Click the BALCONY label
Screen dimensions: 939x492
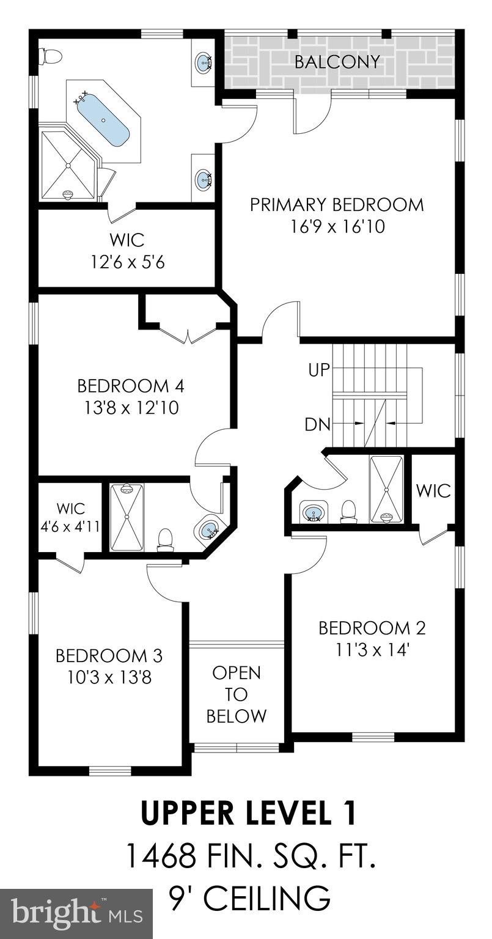click(x=337, y=62)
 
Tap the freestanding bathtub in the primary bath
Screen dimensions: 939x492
click(x=103, y=120)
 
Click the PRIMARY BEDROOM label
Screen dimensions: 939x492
click(x=337, y=204)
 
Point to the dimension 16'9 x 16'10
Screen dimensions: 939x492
click(x=337, y=227)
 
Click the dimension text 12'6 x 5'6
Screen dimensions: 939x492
click(x=128, y=262)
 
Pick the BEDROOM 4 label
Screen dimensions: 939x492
click(x=131, y=386)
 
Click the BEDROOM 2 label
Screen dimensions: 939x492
click(x=372, y=628)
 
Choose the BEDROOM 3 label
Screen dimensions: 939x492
click(x=109, y=656)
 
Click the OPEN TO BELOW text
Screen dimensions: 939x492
click(x=237, y=694)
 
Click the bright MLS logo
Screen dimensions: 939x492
click(x=76, y=914)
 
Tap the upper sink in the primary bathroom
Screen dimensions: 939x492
click(x=204, y=61)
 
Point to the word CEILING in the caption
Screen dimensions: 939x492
click(x=267, y=899)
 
